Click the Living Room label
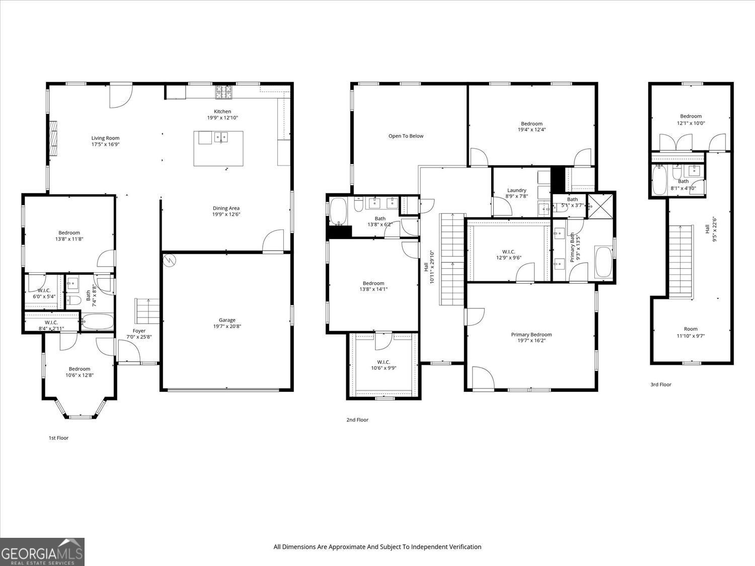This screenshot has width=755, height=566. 105,138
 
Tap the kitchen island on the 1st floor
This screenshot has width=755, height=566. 218,148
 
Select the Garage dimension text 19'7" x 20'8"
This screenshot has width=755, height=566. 227,327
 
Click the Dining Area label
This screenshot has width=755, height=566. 226,208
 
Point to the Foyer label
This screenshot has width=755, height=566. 139,331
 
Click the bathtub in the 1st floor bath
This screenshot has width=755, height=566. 97,322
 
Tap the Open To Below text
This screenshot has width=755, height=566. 406,136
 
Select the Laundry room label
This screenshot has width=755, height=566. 516,190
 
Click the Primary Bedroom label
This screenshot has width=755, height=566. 531,335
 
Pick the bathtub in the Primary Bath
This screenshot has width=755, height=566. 603,262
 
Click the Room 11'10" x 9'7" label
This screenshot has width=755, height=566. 691,329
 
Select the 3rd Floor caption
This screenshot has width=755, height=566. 660,384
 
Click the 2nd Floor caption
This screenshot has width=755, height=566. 357,420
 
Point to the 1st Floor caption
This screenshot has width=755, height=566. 58,438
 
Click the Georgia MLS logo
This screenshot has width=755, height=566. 42,551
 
